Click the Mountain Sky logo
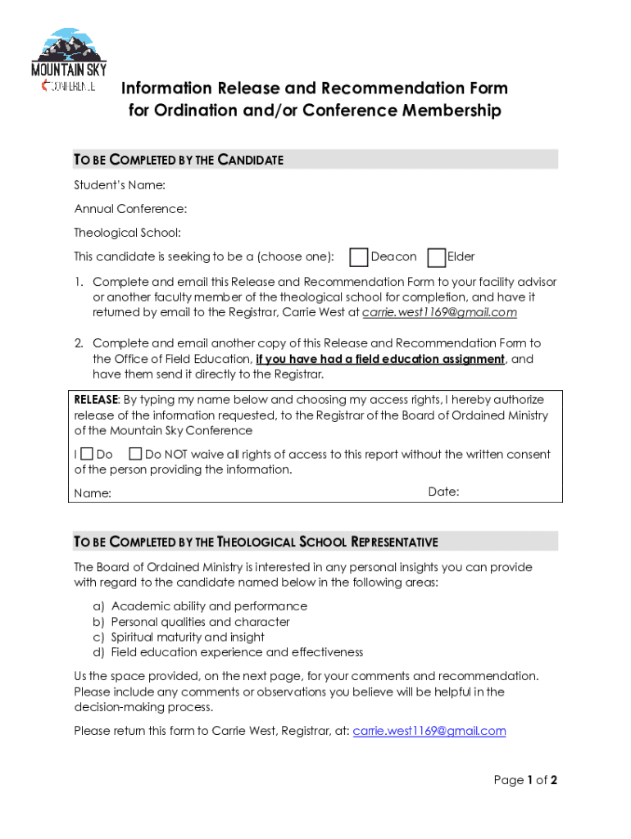click(69, 61)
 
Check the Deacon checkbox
click(358, 257)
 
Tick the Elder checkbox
click(437, 257)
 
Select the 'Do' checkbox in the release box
click(88, 454)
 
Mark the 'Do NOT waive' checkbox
click(135, 454)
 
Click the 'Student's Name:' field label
click(120, 185)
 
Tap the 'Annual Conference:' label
click(130, 209)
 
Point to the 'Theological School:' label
click(127, 233)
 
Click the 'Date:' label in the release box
click(443, 492)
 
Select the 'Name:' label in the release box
click(93, 493)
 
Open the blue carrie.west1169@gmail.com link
click(429, 731)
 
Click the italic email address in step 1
click(439, 312)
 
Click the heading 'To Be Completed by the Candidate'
click(179, 160)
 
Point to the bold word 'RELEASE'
click(97, 400)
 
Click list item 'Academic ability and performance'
click(209, 606)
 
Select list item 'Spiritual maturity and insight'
click(188, 637)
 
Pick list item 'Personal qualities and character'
click(200, 622)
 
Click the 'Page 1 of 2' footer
click(525, 780)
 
